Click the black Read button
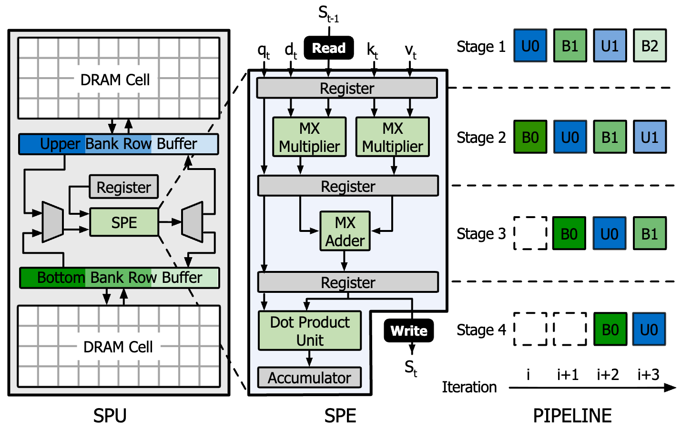pos(329,48)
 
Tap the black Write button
pos(409,330)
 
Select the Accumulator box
pos(309,378)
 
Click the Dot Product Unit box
pos(310,331)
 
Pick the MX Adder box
pos(345,231)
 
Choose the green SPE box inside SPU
pos(124,222)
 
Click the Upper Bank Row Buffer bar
pos(119,144)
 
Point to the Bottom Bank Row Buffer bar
pos(120,278)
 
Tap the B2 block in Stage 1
pos(650,46)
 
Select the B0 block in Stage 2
pos(530,137)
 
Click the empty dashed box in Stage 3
pos(530,233)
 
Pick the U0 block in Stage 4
pos(649,330)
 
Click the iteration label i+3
pos(649,375)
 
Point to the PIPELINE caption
pos(572,416)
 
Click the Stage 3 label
pos(481,234)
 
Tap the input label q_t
pos(264,50)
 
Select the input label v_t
pos(410,50)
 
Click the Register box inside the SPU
pos(124,187)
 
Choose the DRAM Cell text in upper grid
pos(115,80)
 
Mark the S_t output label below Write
pos(411,368)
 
